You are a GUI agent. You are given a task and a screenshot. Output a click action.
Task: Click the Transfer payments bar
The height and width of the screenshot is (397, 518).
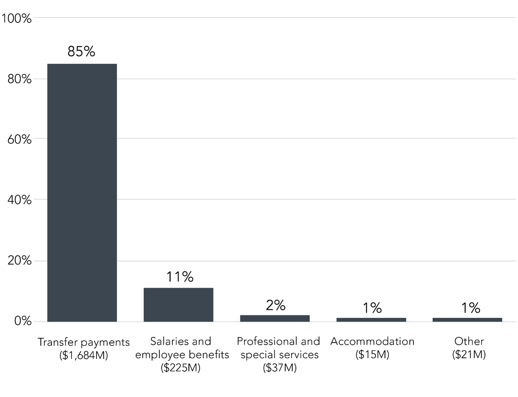coord(82,193)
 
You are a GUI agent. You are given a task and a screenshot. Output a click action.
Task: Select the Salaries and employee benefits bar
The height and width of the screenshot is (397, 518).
coord(178,305)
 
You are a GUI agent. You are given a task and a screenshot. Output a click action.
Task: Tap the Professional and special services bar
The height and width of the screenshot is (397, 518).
coord(275,318)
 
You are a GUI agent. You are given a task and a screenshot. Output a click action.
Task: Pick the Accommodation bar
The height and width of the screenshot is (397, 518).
coord(371,320)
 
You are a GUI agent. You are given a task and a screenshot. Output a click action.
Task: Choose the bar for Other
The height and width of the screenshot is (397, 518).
coord(467,320)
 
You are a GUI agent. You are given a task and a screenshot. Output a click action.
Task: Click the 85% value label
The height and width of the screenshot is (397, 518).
coord(81,52)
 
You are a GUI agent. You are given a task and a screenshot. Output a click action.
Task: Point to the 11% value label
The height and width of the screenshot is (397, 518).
coord(180,277)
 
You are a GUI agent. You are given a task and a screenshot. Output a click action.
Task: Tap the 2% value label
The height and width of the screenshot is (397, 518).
coord(275,305)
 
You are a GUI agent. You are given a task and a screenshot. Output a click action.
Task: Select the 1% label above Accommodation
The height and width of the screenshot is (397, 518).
coord(372,308)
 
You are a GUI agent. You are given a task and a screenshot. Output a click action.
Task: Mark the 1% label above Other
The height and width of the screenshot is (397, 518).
coord(470,308)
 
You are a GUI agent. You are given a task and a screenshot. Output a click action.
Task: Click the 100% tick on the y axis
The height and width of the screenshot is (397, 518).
coord(17,18)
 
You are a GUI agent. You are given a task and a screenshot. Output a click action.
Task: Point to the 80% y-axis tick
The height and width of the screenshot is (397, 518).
coord(20,79)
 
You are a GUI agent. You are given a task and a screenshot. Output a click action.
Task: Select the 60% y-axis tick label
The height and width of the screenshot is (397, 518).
coord(20,139)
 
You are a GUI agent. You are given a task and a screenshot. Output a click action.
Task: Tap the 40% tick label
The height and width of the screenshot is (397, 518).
coord(20,200)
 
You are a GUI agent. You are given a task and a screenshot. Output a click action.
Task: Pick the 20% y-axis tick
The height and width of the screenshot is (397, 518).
coord(20,261)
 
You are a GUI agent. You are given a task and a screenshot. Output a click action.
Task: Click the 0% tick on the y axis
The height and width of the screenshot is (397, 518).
coord(23,321)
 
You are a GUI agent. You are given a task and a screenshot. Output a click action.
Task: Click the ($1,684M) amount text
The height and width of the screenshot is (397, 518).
coord(83,355)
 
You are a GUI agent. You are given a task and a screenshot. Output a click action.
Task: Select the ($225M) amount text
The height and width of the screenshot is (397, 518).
coord(180,368)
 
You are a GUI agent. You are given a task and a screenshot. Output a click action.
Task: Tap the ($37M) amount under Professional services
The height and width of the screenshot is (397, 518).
coord(280,368)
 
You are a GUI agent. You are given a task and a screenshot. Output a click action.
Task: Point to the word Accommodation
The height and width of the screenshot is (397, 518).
coord(372,341)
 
